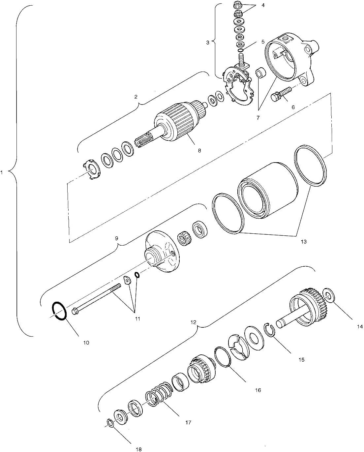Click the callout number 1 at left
pos(2,172)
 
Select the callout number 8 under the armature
pos(199,150)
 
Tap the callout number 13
pos(303,242)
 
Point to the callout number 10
pos(86,343)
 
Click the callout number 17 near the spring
pos(188,422)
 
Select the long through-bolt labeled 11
pos(96,300)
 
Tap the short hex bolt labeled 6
pos(280,93)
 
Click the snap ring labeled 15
pos(270,330)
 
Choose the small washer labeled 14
pos(330,295)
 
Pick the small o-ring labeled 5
pos(241,50)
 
